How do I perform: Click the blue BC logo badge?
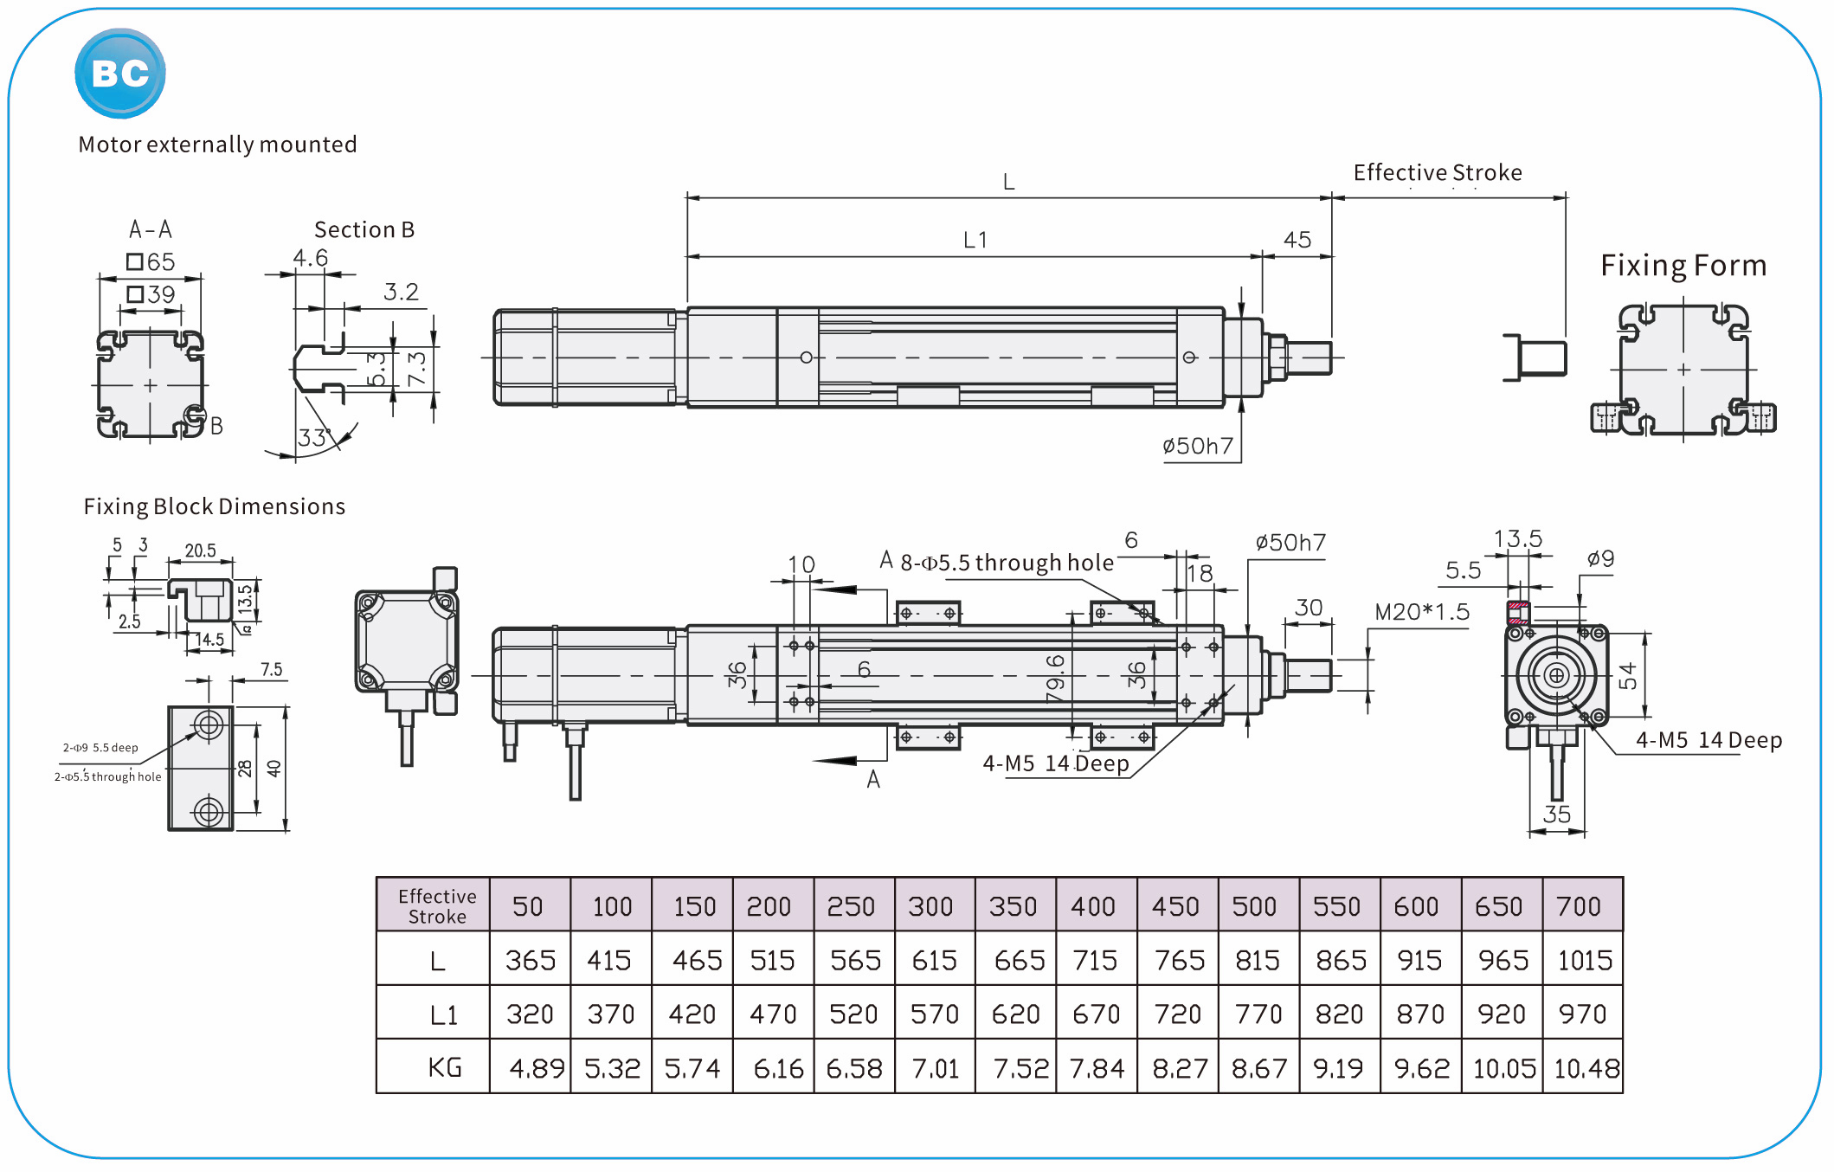coord(119,74)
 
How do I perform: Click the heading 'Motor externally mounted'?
coord(217,145)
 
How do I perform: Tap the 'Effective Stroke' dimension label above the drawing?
coord(1437,172)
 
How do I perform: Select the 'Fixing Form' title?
coord(1683,265)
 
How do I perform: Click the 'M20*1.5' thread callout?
coord(1421,612)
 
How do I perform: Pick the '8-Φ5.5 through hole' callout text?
coord(1007,563)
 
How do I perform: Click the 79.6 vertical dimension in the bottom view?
coord(1055,678)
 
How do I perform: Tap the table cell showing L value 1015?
coord(1584,960)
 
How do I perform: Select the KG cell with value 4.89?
coord(537,1068)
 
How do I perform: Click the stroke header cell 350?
coord(1013,906)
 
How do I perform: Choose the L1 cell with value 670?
coord(1096,1014)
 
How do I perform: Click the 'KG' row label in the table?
coord(444,1067)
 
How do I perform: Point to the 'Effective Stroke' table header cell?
coord(437,906)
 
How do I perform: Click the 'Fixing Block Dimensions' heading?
coord(214,506)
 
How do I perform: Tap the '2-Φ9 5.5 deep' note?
coord(100,748)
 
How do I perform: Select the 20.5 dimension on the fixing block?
coord(200,551)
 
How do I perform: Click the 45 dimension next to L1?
coord(1297,240)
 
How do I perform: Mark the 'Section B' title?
coord(364,229)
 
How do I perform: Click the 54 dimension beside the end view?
coord(1627,676)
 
